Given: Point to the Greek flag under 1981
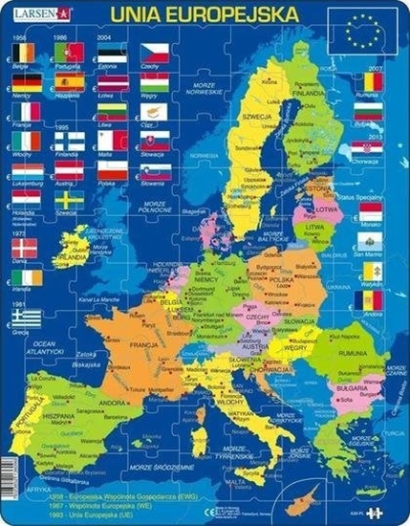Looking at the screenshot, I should click(x=26, y=316).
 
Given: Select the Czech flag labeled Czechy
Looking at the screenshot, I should click(x=155, y=53).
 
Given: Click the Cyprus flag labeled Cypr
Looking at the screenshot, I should click(x=155, y=112).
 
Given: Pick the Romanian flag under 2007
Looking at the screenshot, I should click(x=370, y=82).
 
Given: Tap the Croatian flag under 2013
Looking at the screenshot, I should click(x=370, y=149).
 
